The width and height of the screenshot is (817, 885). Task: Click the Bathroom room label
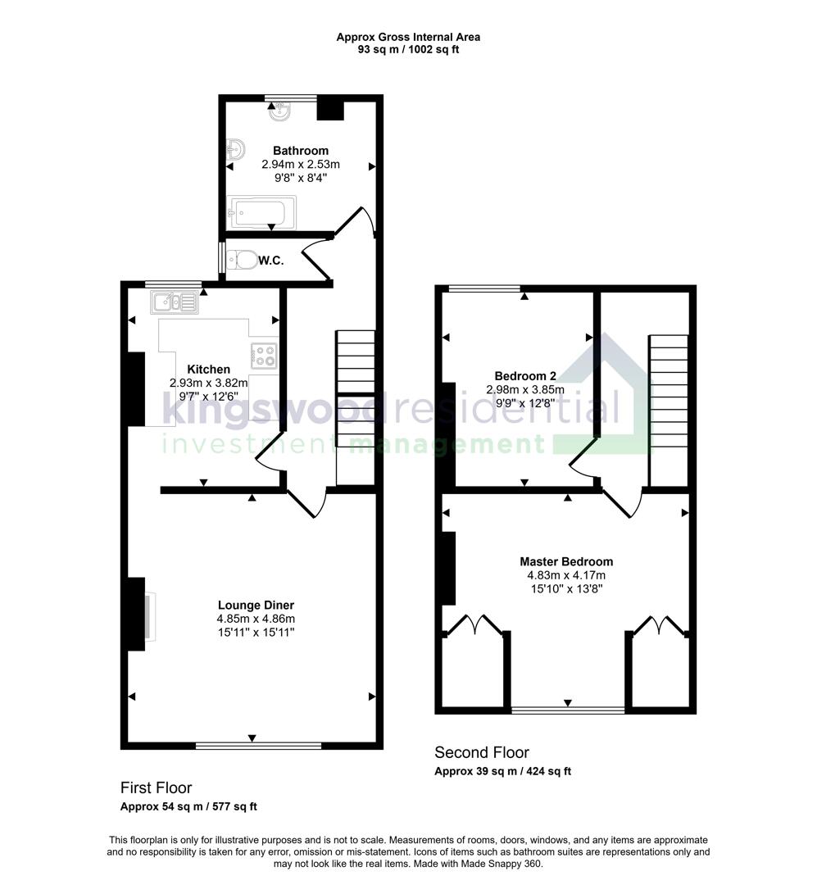(300, 151)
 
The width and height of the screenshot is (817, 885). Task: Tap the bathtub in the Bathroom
(257, 212)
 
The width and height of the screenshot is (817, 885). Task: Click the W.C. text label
(271, 261)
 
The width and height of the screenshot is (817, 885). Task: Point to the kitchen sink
(174, 303)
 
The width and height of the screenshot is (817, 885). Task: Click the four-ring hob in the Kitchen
(264, 356)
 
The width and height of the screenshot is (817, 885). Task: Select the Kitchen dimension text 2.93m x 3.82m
(208, 383)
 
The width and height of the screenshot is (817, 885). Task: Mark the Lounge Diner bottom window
(247, 745)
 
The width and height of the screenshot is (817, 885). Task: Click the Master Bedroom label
(566, 561)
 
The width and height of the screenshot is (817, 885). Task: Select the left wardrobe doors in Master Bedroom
(474, 626)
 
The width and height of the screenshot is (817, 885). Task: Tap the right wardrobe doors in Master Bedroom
(660, 626)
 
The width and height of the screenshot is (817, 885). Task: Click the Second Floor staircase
(669, 410)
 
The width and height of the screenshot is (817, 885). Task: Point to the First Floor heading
(156, 787)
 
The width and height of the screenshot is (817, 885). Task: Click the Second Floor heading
(482, 752)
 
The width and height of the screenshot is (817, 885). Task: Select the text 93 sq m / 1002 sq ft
(408, 50)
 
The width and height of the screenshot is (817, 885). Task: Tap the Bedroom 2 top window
(483, 288)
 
